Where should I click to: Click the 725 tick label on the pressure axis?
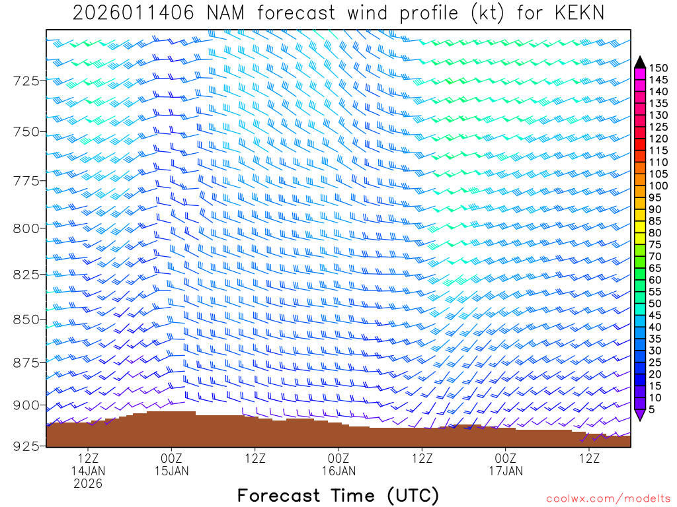click(27, 81)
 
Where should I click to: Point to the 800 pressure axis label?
click(27, 228)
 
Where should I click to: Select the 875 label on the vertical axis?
click(27, 362)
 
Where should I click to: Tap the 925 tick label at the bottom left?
click(27, 446)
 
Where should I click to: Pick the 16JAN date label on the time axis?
click(338, 471)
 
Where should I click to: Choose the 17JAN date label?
click(506, 471)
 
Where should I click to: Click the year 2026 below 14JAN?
click(88, 484)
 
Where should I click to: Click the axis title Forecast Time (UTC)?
click(338, 496)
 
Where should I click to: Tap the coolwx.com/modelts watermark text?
click(608, 498)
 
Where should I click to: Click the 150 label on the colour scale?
click(658, 67)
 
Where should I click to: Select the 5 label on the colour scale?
click(653, 410)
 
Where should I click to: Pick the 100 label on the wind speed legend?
click(658, 186)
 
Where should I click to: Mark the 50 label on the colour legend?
click(656, 303)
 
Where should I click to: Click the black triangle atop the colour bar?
click(639, 62)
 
